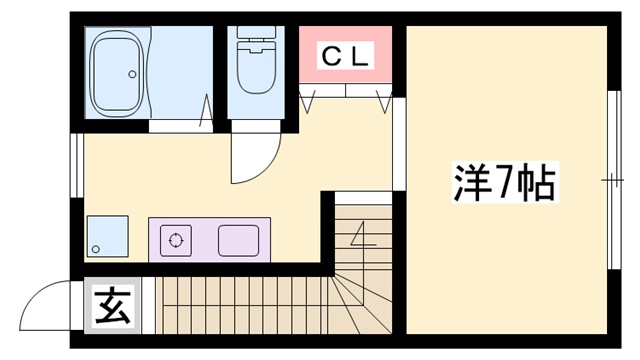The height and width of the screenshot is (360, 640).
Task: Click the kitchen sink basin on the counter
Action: [238, 240]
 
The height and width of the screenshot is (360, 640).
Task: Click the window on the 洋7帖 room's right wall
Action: [610, 180]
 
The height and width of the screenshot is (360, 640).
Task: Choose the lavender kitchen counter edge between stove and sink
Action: [205, 240]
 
